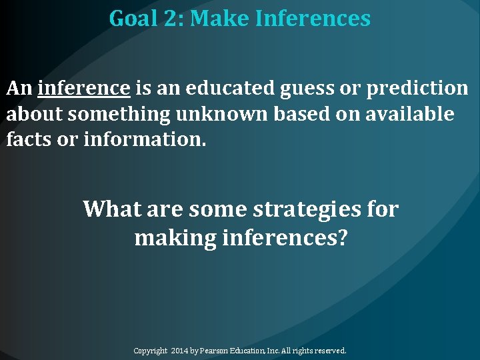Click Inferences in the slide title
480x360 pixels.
click(312, 19)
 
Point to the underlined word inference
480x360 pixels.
click(84, 88)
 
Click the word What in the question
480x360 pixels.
click(112, 209)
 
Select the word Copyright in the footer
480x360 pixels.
click(151, 351)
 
